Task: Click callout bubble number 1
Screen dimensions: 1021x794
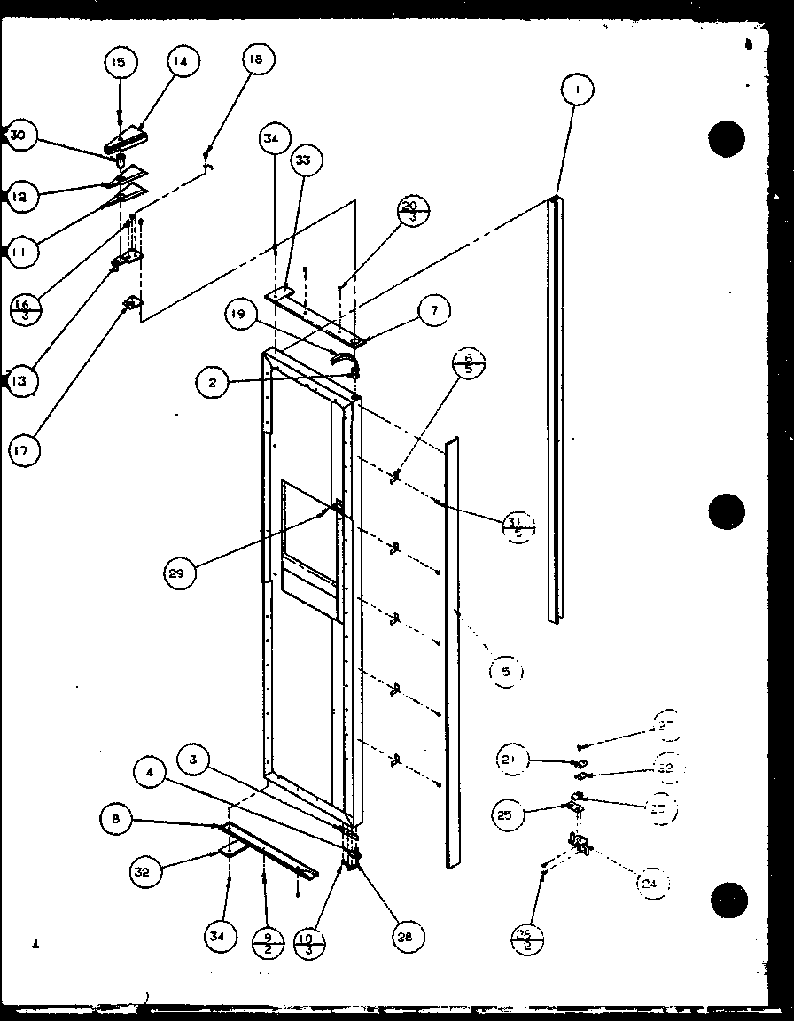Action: [x=577, y=90]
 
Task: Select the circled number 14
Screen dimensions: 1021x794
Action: [x=181, y=61]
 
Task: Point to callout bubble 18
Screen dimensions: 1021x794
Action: [x=256, y=60]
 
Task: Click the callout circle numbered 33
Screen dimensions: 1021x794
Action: [x=303, y=160]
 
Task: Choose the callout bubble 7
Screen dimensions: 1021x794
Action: [x=433, y=310]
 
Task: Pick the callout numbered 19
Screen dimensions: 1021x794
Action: [x=240, y=317]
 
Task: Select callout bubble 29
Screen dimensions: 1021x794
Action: [x=181, y=573]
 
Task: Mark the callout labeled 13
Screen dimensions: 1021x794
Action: [x=20, y=382]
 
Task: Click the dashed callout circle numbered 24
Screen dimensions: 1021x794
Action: [x=652, y=882]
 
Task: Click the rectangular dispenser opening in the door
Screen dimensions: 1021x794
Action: [x=308, y=549]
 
